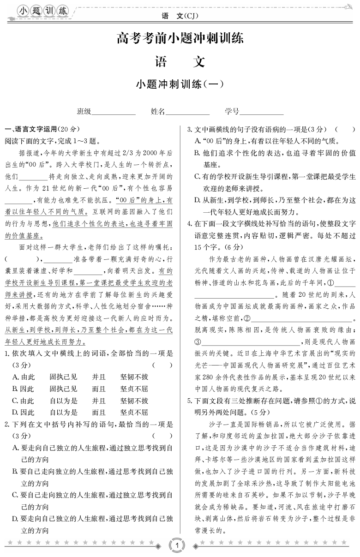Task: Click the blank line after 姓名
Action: (187, 112)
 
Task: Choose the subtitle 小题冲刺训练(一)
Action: (180, 84)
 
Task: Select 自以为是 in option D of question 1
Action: (64, 412)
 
